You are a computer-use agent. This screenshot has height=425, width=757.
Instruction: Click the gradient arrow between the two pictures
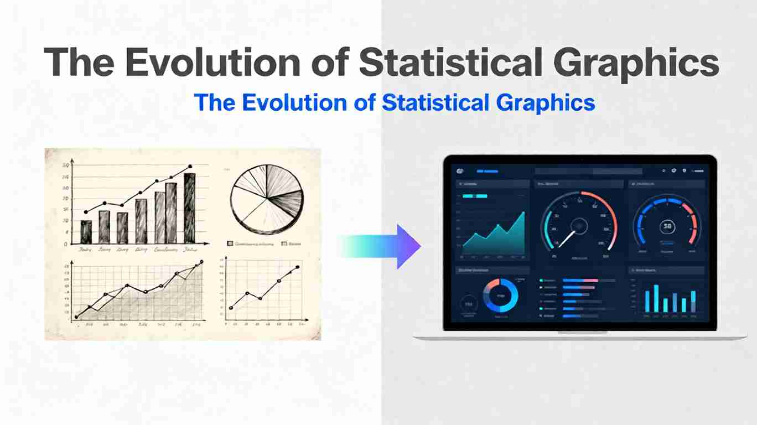pos(382,246)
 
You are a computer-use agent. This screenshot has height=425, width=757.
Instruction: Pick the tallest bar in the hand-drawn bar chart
pos(189,208)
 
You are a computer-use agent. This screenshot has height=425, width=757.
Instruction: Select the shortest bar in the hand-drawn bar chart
pos(86,232)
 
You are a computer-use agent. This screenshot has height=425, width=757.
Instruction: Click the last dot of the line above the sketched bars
pos(190,166)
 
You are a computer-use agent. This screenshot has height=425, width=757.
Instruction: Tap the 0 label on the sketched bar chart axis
pos(66,243)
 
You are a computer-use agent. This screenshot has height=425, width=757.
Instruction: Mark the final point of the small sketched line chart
pos(298,267)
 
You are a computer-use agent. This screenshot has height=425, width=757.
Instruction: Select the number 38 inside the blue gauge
pos(667,226)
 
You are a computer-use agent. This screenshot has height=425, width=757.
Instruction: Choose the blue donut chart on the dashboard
pos(501,296)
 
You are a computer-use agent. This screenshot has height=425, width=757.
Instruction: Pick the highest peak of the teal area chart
pos(523,214)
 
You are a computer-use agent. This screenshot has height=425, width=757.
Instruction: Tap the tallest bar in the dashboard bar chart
pos(656,298)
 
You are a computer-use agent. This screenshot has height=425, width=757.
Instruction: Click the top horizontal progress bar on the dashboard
pos(580,281)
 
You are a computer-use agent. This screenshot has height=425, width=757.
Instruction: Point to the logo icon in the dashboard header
pos(459,172)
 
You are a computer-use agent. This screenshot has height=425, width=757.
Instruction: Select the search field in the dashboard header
pos(588,172)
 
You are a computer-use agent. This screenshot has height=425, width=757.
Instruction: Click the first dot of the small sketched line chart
pos(231,308)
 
